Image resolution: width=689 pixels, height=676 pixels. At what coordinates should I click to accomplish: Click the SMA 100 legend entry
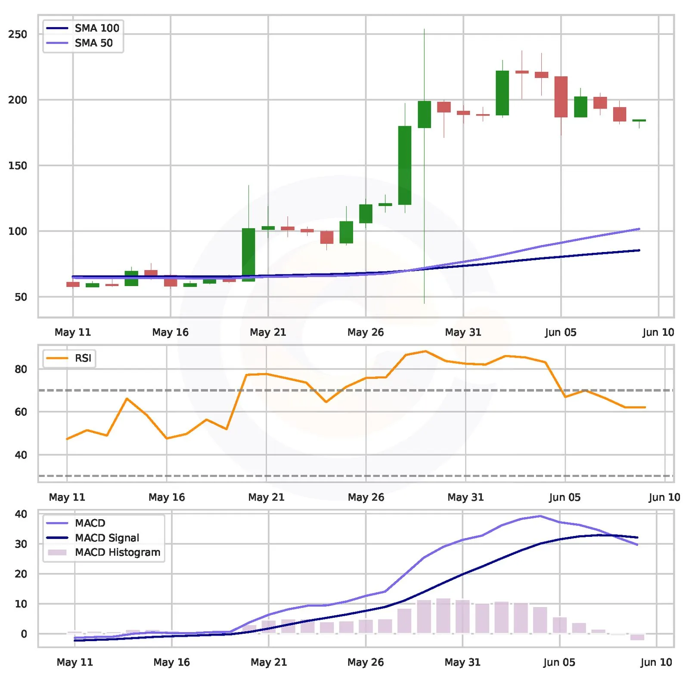[82, 28]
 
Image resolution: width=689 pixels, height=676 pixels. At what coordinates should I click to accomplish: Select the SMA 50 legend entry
[79, 43]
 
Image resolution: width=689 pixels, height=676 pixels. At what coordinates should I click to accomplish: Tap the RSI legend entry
[68, 358]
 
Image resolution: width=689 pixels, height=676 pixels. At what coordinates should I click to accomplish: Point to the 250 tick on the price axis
[18, 34]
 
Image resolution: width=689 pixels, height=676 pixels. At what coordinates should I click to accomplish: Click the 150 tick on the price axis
[18, 165]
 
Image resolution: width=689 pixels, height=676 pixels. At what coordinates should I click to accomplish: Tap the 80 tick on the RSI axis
[21, 369]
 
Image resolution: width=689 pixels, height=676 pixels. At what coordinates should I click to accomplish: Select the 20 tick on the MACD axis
[21, 574]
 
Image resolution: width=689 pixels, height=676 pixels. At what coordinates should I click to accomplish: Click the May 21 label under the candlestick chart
[268, 332]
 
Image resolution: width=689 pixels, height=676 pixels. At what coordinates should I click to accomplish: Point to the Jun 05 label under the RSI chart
[565, 497]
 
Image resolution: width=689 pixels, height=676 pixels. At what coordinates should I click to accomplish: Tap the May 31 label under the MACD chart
[462, 662]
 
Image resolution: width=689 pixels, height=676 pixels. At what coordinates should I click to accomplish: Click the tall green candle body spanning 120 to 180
[405, 165]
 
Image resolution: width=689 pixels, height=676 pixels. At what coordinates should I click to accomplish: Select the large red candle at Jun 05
[561, 97]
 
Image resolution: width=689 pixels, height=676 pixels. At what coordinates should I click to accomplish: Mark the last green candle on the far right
[639, 121]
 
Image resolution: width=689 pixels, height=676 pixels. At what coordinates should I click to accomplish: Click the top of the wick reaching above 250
[424, 29]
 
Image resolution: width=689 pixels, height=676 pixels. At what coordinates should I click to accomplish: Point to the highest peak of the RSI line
[425, 351]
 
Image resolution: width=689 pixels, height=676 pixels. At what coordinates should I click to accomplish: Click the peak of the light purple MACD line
[540, 516]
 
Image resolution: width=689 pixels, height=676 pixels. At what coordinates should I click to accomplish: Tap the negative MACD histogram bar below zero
[637, 637]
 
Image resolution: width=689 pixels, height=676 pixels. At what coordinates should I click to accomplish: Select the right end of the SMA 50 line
[639, 229]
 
